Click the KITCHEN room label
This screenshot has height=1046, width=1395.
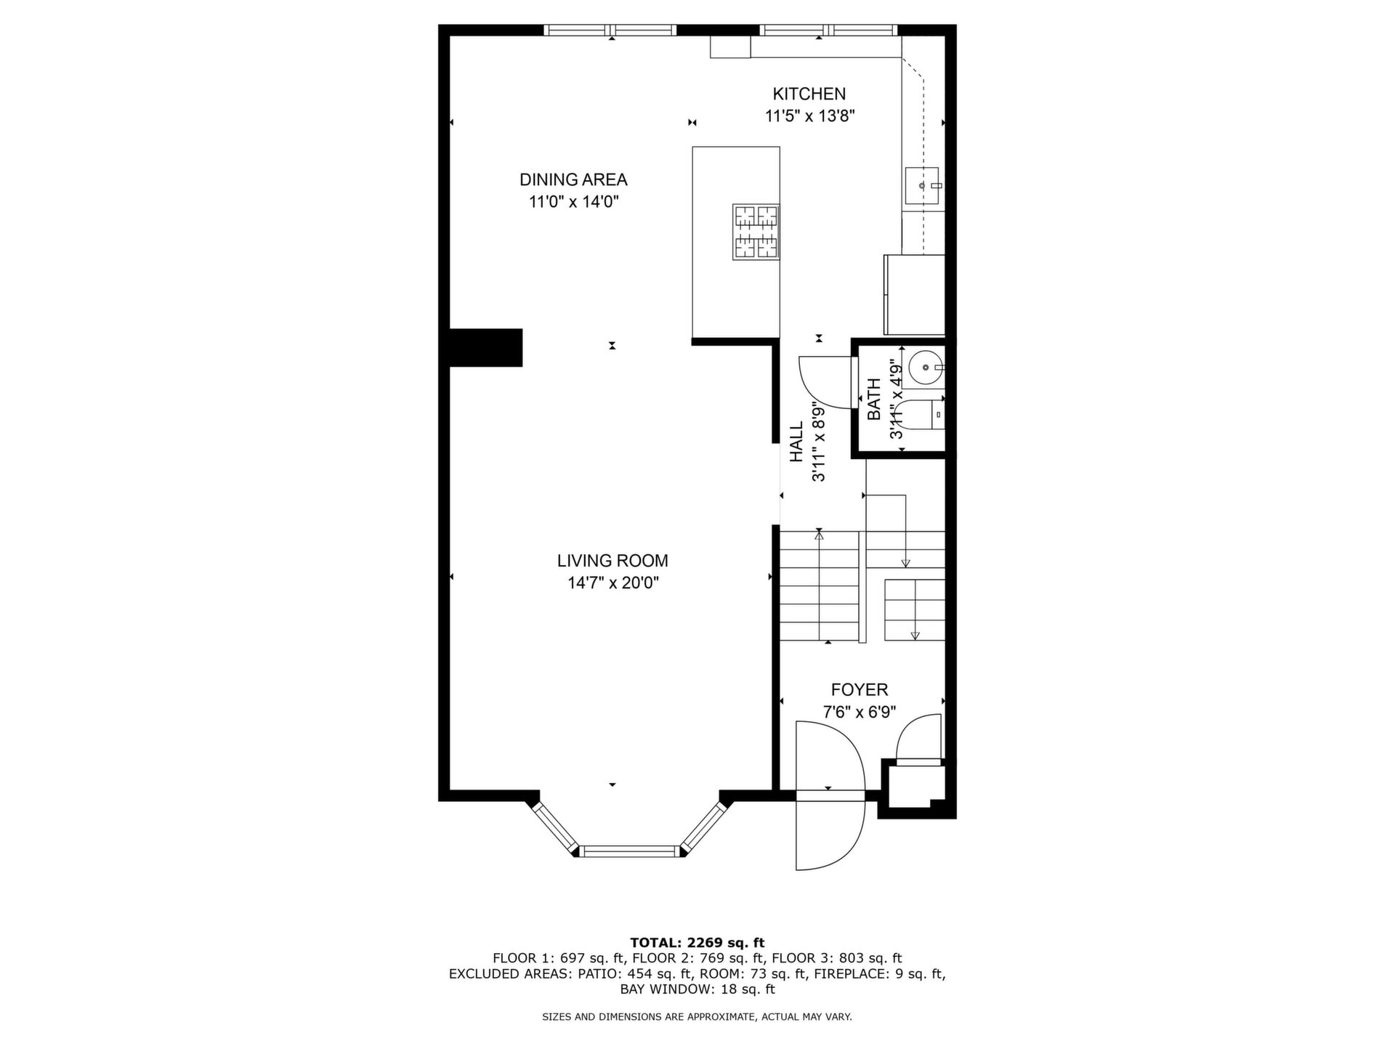click(809, 94)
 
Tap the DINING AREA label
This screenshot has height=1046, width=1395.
click(573, 179)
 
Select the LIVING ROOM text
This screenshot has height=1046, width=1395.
click(612, 561)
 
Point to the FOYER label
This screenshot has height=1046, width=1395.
click(860, 689)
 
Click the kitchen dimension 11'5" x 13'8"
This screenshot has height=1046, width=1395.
click(809, 116)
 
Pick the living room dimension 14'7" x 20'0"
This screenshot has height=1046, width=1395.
click(613, 583)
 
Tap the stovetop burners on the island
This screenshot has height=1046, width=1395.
click(756, 232)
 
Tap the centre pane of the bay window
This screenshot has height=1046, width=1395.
click(630, 851)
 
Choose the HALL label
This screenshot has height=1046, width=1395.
click(797, 442)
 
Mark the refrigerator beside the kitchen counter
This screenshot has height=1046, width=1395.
click(914, 294)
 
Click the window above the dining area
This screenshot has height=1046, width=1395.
click(610, 30)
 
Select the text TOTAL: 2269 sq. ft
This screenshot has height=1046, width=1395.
click(697, 943)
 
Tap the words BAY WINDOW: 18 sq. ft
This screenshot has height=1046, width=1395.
click(697, 989)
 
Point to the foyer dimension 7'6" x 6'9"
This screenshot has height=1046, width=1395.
click(860, 712)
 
